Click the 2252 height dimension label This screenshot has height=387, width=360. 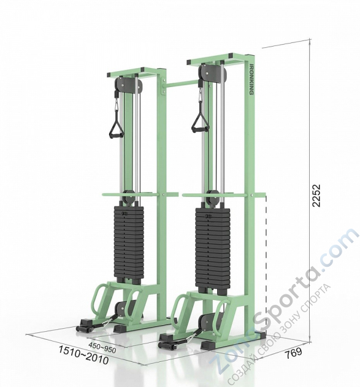click(x=316, y=195)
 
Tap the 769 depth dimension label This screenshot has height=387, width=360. click(x=293, y=351)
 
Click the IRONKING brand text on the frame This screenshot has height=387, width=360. click(x=251, y=80)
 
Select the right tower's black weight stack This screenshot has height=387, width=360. click(x=212, y=250)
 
